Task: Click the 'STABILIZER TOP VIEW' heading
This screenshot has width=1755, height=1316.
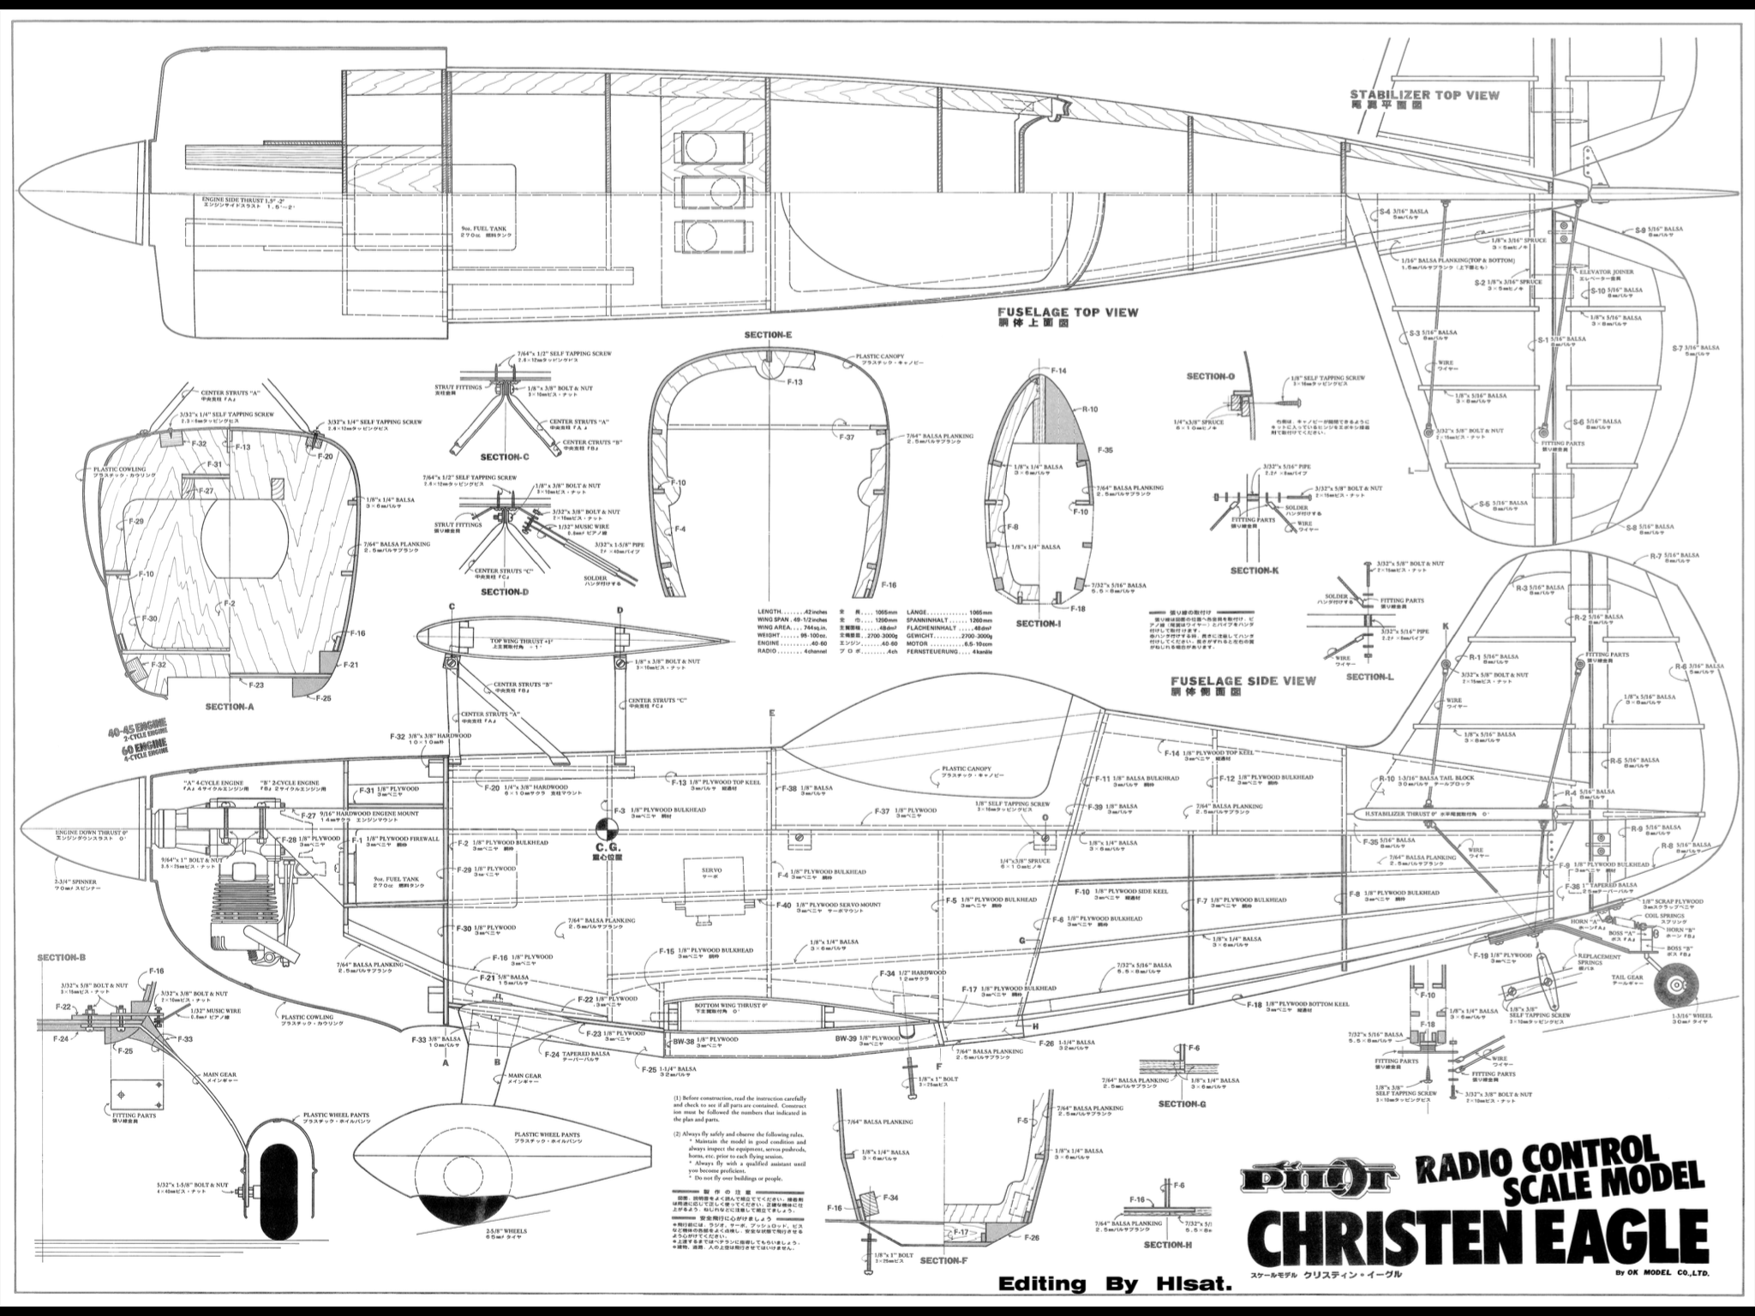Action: tap(1424, 95)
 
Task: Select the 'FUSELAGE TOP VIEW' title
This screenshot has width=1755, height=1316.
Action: tap(1068, 313)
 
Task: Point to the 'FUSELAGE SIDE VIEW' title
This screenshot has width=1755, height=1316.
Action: tap(1243, 682)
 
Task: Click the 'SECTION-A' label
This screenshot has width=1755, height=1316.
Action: tap(230, 707)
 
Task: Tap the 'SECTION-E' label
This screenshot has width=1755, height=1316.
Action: tap(769, 335)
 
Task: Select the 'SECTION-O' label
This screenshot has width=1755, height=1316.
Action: tap(1210, 376)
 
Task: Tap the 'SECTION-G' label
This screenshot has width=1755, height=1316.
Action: tap(1182, 1104)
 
